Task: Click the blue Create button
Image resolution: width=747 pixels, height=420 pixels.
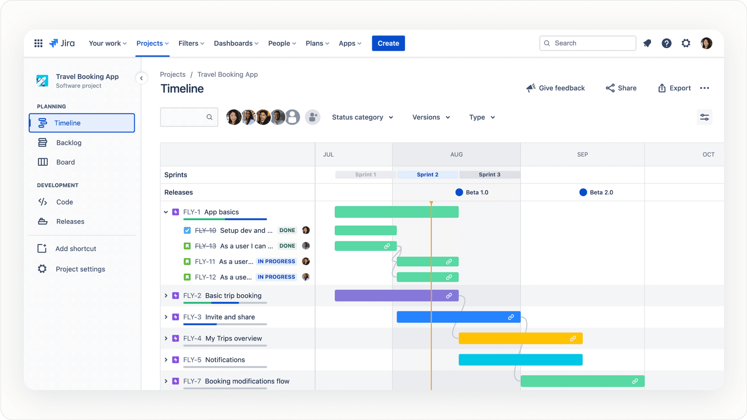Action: [388, 43]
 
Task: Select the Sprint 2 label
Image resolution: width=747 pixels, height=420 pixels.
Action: [427, 175]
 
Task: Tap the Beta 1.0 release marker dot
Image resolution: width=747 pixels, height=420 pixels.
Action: [459, 192]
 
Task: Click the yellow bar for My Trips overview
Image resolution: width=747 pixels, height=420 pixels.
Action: [520, 338]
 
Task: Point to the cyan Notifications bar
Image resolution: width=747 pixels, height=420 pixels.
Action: [520, 360]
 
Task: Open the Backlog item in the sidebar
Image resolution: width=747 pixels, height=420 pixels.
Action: [68, 143]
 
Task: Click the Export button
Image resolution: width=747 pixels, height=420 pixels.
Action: [674, 88]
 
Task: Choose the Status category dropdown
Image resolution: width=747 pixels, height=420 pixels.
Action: [362, 117]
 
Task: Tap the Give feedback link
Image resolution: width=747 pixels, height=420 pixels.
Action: [555, 88]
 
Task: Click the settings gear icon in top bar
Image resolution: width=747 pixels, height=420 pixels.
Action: [686, 43]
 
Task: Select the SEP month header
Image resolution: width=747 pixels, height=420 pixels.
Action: [582, 154]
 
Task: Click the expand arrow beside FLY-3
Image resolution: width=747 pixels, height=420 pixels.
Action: [166, 317]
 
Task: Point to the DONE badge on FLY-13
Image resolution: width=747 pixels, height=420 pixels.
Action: [287, 246]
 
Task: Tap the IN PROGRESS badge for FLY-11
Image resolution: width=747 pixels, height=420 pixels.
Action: [277, 261]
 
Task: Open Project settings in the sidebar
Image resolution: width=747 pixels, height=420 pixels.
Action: [80, 269]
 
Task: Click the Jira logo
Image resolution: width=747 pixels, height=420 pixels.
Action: [62, 43]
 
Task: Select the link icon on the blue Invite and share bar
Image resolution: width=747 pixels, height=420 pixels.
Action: [511, 317]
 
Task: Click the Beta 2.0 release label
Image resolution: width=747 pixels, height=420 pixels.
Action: [601, 192]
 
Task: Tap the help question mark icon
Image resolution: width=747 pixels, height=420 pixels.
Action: [666, 43]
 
